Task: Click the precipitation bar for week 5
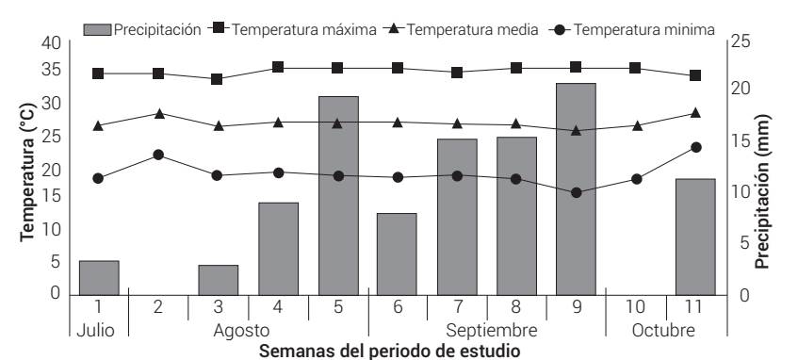338,195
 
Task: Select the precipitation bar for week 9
576,188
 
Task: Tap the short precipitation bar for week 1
99,277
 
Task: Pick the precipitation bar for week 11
695,237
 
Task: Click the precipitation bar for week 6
397,254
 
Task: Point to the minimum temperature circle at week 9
577,192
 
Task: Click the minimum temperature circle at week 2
158,155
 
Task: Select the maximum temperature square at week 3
218,79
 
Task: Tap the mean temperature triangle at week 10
637,125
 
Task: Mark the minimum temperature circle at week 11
696,147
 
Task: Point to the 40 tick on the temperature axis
51,42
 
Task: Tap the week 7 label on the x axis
457,307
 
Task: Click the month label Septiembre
492,331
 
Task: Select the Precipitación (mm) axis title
762,191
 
